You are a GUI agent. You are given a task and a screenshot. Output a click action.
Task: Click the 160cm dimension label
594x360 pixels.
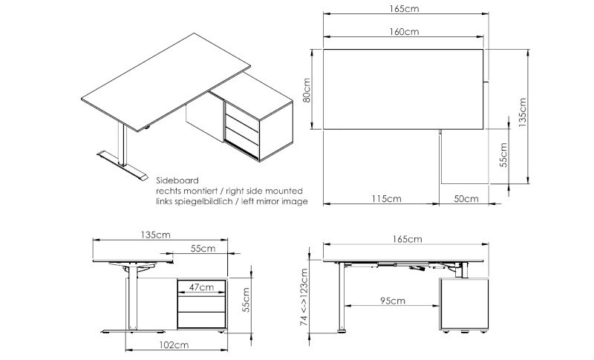pyautogui.click(x=404, y=31)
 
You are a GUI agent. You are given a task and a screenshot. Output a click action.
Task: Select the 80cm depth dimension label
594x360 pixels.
pyautogui.click(x=307, y=90)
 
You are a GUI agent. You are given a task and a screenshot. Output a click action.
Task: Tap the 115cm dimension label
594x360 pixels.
pyautogui.click(x=386, y=198)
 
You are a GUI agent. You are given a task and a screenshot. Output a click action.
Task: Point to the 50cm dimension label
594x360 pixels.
pyautogui.click(x=466, y=198)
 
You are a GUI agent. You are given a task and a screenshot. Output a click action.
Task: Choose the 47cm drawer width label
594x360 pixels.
pyautogui.click(x=201, y=287)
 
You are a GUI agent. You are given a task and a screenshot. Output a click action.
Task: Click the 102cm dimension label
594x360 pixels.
pyautogui.click(x=174, y=345)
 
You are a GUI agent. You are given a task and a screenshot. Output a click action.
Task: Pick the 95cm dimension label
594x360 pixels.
pyautogui.click(x=393, y=301)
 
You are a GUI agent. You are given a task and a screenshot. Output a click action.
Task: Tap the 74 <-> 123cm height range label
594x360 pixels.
pyautogui.click(x=304, y=297)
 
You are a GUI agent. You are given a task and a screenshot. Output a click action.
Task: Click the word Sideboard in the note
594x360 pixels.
pyautogui.click(x=177, y=180)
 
